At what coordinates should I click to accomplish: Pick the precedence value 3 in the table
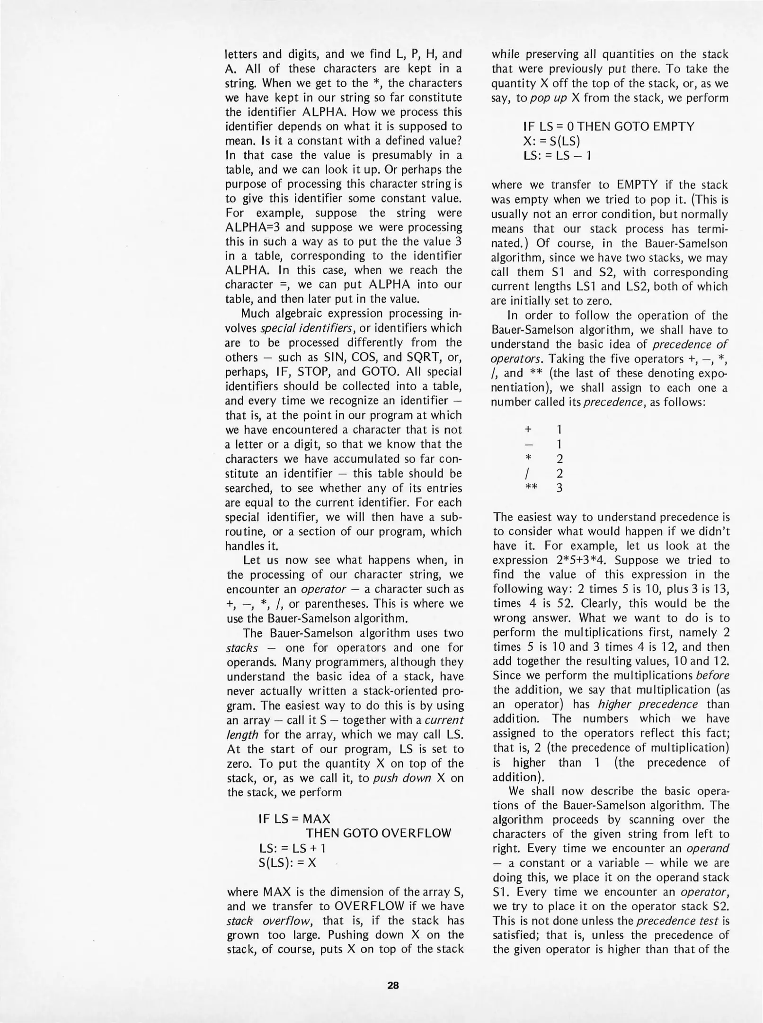point(559,488)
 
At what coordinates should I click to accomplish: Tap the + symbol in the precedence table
point(529,429)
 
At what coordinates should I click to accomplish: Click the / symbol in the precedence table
point(529,473)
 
